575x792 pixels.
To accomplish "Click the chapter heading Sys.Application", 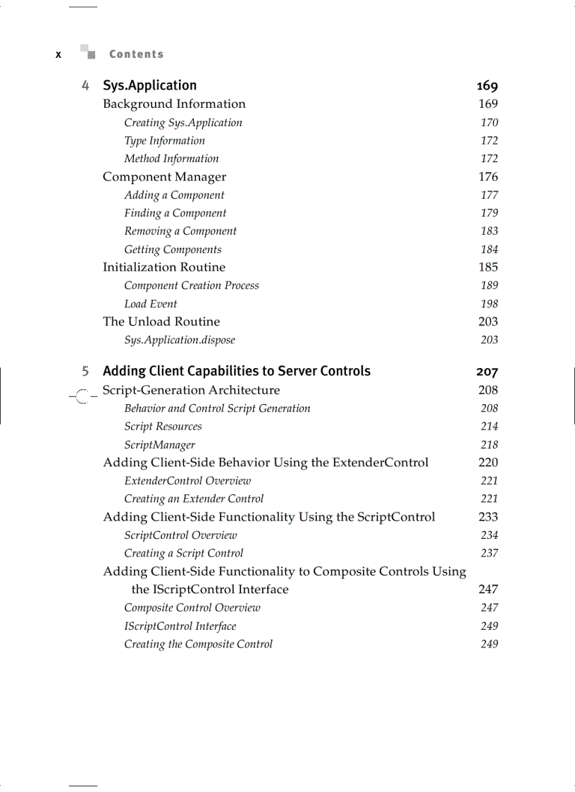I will coord(149,85).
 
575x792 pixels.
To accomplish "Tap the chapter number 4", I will coord(85,85).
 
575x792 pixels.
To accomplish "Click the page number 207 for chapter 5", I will coord(486,372).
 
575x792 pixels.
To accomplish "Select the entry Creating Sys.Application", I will coord(183,123).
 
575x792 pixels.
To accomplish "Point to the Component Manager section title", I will coord(164,177).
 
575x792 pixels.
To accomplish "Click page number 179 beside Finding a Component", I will coord(489,213).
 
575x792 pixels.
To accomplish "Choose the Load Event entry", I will coord(151,304).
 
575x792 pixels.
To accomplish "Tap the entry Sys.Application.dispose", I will coord(180,340).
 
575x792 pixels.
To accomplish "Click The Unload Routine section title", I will coord(161,322).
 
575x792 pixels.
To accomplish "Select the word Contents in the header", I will coord(136,54).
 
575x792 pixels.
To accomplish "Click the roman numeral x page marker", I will coord(58,54).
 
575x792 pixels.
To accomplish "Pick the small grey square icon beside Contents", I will coord(87,51).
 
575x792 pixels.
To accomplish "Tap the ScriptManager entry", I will coord(159,445).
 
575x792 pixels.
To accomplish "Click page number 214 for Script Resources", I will coord(489,427).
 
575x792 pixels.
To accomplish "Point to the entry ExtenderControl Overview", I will coord(187,481).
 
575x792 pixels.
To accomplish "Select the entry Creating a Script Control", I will coord(184,554).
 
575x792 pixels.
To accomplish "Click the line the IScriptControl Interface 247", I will coord(210,590).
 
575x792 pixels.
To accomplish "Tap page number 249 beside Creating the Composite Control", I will coord(489,644).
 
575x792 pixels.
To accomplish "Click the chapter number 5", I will coord(85,371).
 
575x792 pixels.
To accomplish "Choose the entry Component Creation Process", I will coord(192,286).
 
